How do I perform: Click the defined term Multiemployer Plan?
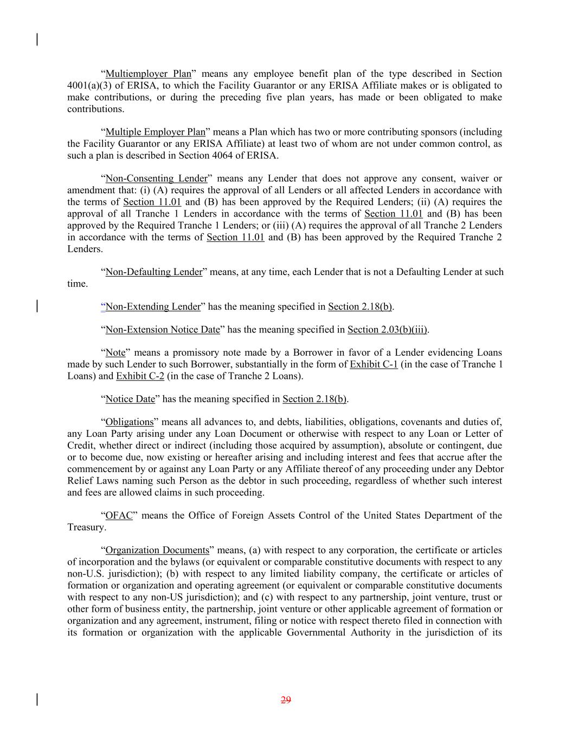click(x=148, y=74)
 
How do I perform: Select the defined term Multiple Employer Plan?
click(x=155, y=132)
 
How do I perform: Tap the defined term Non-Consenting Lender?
click(x=156, y=179)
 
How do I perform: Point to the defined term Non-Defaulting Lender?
click(x=153, y=272)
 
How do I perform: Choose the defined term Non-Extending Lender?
click(x=153, y=306)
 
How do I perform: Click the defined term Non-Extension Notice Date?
click(x=163, y=330)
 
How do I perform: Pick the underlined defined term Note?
click(x=115, y=353)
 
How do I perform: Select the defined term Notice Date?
click(x=130, y=399)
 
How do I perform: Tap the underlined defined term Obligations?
click(x=130, y=422)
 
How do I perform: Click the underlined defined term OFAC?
click(x=119, y=515)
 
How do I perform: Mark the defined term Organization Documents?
click(x=157, y=551)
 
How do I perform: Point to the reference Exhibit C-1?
click(x=374, y=364)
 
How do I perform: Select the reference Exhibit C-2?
click(x=140, y=376)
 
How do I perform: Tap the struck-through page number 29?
click(x=286, y=700)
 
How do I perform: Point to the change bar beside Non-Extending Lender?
click(x=36, y=306)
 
